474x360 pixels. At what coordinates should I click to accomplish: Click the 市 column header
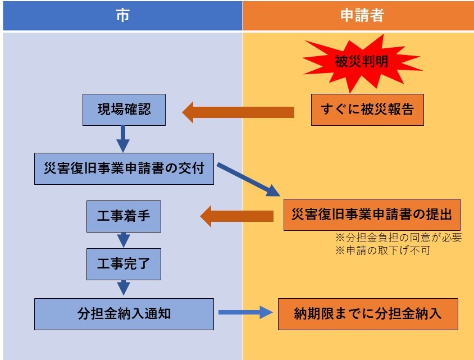pyautogui.click(x=122, y=16)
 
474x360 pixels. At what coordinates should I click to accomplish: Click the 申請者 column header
pyautogui.click(x=358, y=16)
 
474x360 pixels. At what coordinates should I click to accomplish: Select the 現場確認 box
pyautogui.click(x=124, y=110)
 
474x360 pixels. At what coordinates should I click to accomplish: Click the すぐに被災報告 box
pyautogui.click(x=367, y=110)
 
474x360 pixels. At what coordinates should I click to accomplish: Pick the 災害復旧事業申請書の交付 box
pyautogui.click(x=124, y=168)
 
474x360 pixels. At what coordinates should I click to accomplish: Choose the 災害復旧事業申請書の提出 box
pyautogui.click(x=372, y=215)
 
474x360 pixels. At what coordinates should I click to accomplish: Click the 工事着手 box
pyautogui.click(x=124, y=216)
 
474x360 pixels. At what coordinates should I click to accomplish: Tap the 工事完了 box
pyautogui.click(x=124, y=263)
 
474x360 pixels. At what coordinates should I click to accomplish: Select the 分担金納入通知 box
pyautogui.click(x=124, y=314)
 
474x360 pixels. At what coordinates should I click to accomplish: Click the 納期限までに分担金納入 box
pyautogui.click(x=368, y=313)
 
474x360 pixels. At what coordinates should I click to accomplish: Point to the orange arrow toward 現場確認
pyautogui.click(x=238, y=112)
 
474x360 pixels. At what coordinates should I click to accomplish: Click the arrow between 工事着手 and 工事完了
pyautogui.click(x=124, y=240)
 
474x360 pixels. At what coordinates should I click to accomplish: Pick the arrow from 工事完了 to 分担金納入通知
pyautogui.click(x=124, y=288)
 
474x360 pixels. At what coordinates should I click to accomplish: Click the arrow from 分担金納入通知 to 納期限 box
pyautogui.click(x=245, y=313)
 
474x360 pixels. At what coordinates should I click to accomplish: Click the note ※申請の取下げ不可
pyautogui.click(x=382, y=250)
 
